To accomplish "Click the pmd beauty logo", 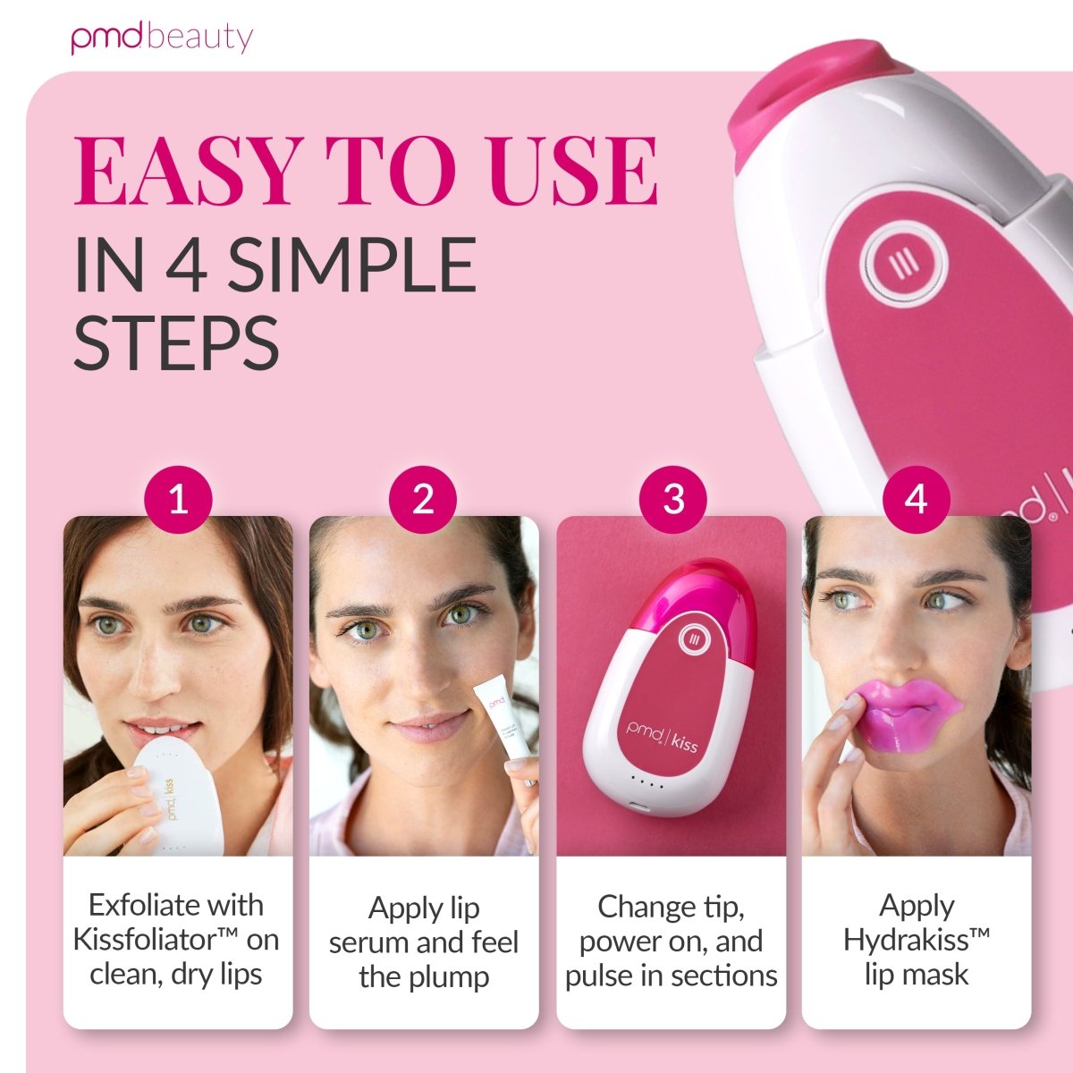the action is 162,38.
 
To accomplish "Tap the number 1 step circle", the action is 178,500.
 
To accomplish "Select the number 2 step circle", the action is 423,500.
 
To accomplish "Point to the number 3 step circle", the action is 672,500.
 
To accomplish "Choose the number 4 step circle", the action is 916,500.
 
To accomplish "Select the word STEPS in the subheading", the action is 176,342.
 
